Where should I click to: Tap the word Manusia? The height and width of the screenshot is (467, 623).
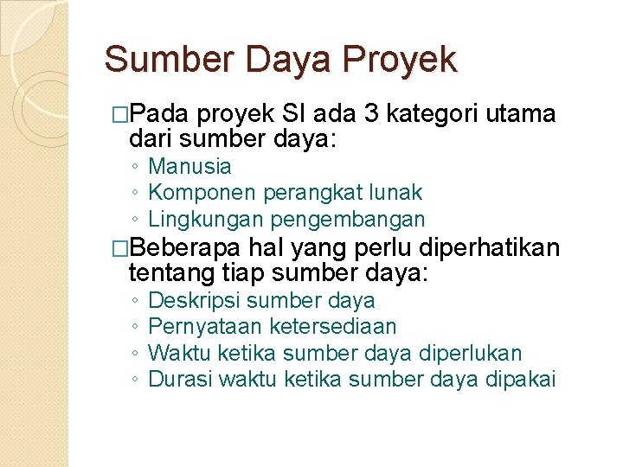(189, 166)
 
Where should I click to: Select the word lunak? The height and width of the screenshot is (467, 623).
(397, 192)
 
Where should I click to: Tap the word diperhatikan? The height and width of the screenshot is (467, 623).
(489, 249)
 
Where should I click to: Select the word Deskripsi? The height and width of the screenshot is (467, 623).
(196, 301)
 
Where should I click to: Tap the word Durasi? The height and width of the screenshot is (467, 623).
(180, 379)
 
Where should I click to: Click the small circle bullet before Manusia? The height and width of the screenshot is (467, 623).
(136, 167)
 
